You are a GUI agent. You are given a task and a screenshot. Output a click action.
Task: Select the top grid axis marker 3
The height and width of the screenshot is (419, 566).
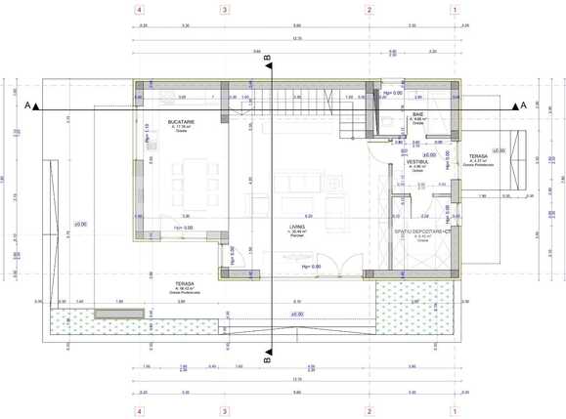point(226,11)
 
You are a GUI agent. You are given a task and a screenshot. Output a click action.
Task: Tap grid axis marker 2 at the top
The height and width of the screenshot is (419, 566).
point(370,11)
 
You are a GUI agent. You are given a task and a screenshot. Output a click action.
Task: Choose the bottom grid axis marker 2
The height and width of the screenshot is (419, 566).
point(370,411)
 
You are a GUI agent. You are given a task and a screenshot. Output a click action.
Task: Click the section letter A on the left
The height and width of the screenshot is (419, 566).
point(29,104)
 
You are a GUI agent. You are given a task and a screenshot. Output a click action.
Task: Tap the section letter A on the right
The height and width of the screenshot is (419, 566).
point(523,104)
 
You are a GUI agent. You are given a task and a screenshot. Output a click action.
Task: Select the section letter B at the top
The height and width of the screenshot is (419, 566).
point(267,60)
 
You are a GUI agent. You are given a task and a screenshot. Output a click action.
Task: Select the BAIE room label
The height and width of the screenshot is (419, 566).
point(417,115)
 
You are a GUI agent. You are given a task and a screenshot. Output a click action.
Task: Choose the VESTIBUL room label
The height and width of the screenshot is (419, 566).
point(417,161)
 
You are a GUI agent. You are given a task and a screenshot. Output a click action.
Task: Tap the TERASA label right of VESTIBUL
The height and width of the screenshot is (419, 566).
point(478,156)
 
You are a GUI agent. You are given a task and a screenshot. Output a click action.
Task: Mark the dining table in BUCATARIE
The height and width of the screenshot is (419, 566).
point(190,181)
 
